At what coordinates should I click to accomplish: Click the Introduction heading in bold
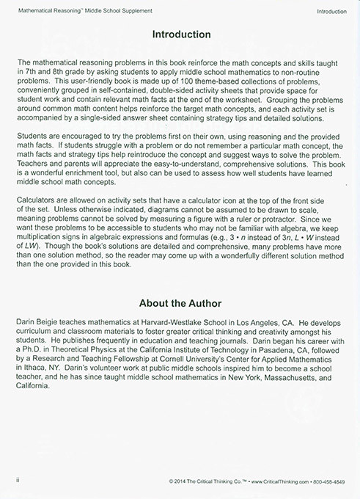tap(180, 34)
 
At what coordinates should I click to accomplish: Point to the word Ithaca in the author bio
tap(31, 389)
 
